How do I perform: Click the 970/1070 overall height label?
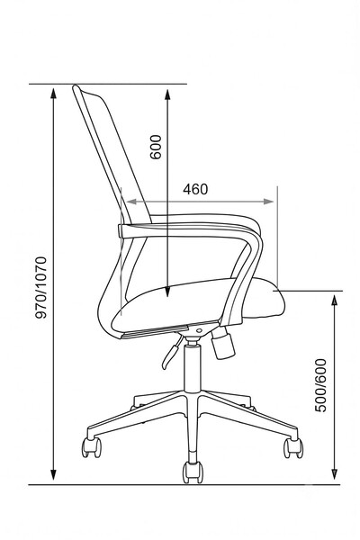click(x=41, y=288)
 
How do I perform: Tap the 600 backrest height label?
click(x=156, y=147)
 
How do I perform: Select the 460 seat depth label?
click(x=195, y=189)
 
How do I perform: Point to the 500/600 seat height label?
click(x=320, y=385)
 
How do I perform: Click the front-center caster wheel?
click(x=193, y=472)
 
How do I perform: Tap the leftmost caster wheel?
click(x=91, y=447)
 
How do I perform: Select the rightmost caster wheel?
click(x=293, y=448)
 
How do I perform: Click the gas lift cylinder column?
click(x=193, y=366)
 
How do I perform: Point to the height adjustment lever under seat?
click(x=172, y=352)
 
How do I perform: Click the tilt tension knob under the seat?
click(x=223, y=343)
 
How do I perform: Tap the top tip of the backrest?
click(x=75, y=86)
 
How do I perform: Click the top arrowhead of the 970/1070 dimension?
click(x=53, y=93)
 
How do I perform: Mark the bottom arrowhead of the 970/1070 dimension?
click(x=53, y=475)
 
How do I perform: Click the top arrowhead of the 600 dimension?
click(x=167, y=94)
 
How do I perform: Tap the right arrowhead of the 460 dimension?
click(x=269, y=202)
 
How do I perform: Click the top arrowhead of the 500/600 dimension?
click(x=334, y=301)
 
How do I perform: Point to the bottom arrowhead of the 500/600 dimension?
click(x=334, y=474)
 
